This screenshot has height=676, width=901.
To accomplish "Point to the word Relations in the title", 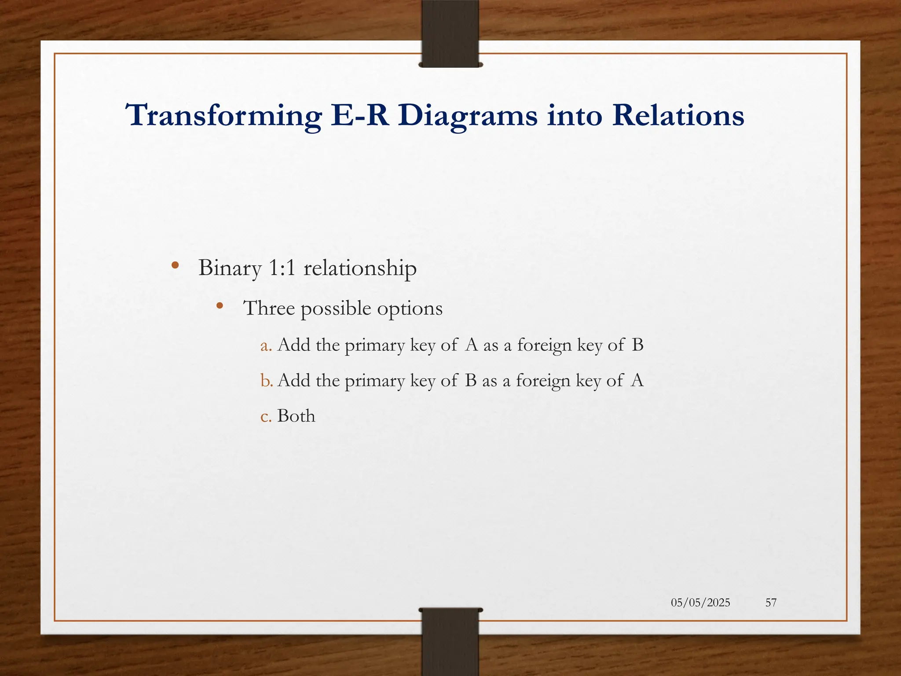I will point(678,115).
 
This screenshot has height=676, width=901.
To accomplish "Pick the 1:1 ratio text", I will point(282,268).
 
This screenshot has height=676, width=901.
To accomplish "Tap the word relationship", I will point(360,268).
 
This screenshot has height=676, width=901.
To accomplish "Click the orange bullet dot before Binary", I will point(175,265).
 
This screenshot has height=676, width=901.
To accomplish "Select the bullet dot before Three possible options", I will point(220,305).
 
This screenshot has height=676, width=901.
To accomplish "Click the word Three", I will point(269,308).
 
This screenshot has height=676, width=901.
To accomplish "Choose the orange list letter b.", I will point(266,381).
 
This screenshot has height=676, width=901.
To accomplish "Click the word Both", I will point(296,416).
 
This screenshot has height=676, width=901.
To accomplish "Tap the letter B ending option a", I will point(637,345).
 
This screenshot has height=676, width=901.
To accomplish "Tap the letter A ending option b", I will point(637,380).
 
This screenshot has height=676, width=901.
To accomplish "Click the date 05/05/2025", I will point(700,603).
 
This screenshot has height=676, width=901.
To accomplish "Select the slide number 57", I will point(771,603).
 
